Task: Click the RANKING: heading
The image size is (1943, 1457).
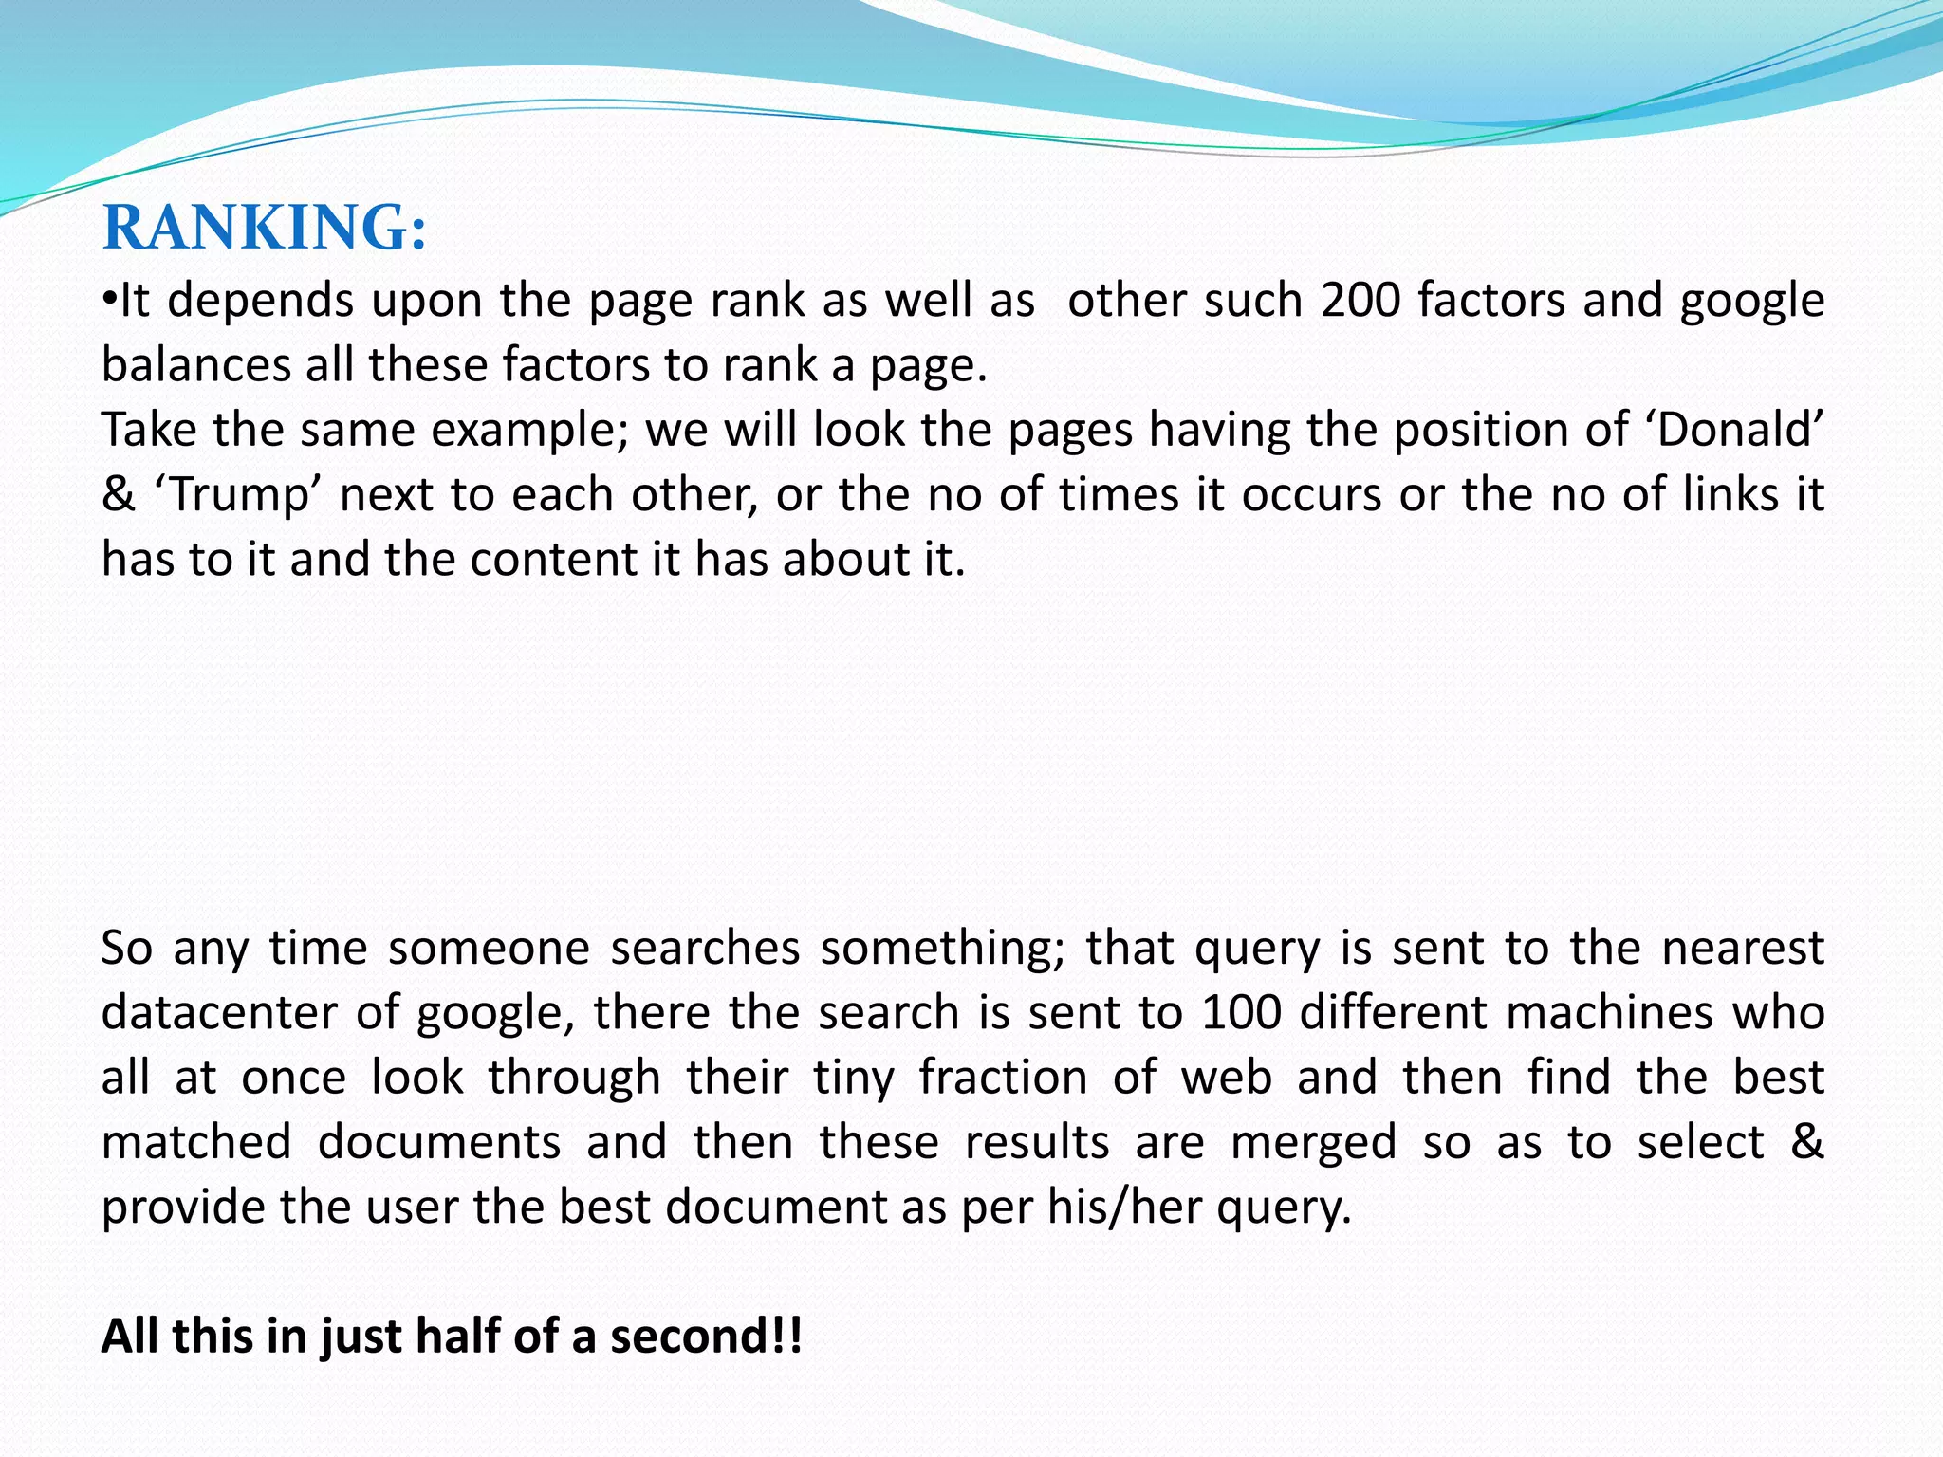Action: pos(265,229)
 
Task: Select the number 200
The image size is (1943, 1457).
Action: pos(1360,301)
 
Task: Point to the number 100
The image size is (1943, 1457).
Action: pos(1241,1012)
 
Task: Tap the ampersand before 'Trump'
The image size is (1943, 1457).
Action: pos(118,495)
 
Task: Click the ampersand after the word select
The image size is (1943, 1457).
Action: pos(1806,1142)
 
